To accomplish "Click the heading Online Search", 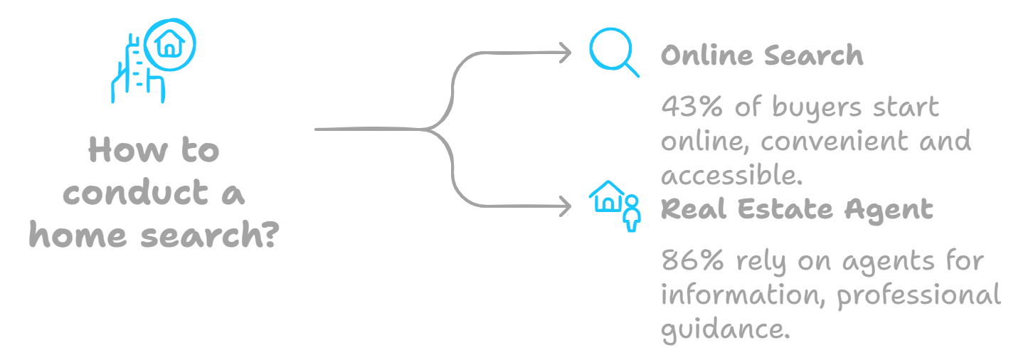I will point(761,55).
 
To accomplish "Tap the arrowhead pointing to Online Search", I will point(566,53).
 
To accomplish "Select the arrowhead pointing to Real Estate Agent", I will point(566,207).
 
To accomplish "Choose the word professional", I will point(918,295).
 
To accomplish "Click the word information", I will point(743,295).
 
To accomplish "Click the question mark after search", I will point(265,235).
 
